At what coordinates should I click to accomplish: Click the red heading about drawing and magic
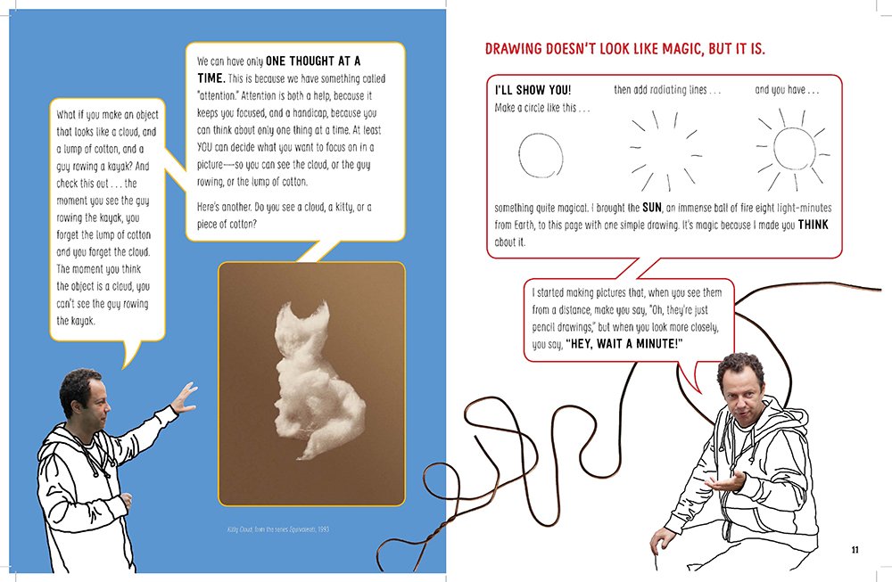(x=624, y=49)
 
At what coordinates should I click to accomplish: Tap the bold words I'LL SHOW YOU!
(x=533, y=90)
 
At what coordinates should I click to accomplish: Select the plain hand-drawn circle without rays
(x=541, y=155)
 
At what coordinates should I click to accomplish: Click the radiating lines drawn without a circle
(x=665, y=151)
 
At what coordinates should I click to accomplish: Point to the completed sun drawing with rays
(x=792, y=150)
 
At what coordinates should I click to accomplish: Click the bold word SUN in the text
(x=652, y=208)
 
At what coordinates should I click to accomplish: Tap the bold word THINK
(x=813, y=225)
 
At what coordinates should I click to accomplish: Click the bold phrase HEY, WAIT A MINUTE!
(x=624, y=344)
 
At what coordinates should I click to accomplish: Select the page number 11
(x=855, y=550)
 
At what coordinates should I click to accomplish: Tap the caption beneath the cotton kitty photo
(x=278, y=529)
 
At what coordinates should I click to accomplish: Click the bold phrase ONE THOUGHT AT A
(x=313, y=61)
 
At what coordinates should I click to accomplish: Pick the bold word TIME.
(x=211, y=78)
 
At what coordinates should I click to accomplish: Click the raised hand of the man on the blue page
(x=184, y=398)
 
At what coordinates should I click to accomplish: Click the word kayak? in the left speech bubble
(x=119, y=167)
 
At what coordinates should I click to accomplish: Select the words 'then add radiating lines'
(x=660, y=90)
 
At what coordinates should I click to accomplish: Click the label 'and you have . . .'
(x=787, y=90)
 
